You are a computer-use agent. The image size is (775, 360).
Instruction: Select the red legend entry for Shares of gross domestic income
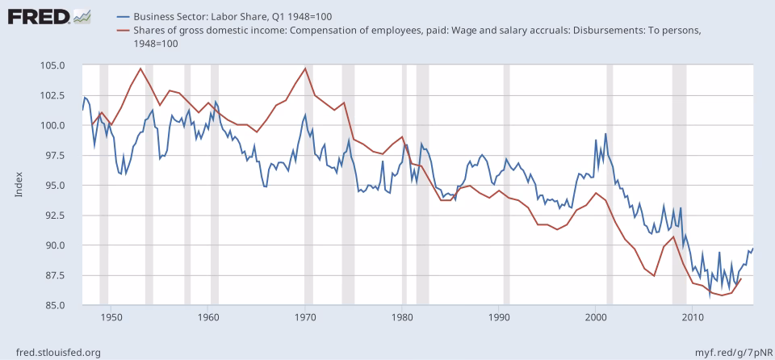tap(404, 31)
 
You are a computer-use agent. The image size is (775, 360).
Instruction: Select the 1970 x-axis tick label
tap(305, 316)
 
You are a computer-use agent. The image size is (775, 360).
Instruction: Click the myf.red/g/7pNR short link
tap(727, 352)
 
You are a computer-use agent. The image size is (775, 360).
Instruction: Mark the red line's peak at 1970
tap(305, 68)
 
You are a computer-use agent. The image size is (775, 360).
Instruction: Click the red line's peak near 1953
tap(140, 69)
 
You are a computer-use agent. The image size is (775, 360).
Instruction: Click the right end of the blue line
tap(753, 249)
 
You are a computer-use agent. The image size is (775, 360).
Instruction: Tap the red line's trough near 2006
tap(655, 275)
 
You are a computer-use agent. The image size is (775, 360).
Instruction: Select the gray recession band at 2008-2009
tap(679, 185)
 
